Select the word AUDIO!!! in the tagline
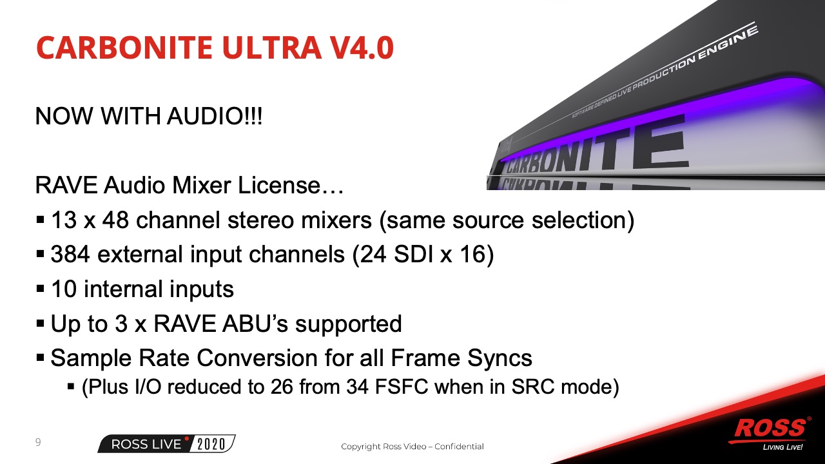215,117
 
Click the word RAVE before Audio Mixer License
66,185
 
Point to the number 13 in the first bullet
64,220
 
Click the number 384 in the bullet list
70,254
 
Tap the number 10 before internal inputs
64,289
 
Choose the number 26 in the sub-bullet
282,387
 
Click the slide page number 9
38,442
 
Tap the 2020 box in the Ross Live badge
211,444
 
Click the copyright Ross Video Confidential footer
412,447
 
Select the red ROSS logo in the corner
770,429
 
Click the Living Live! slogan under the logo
782,447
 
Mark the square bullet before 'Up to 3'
41,324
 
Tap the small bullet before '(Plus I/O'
71,387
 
